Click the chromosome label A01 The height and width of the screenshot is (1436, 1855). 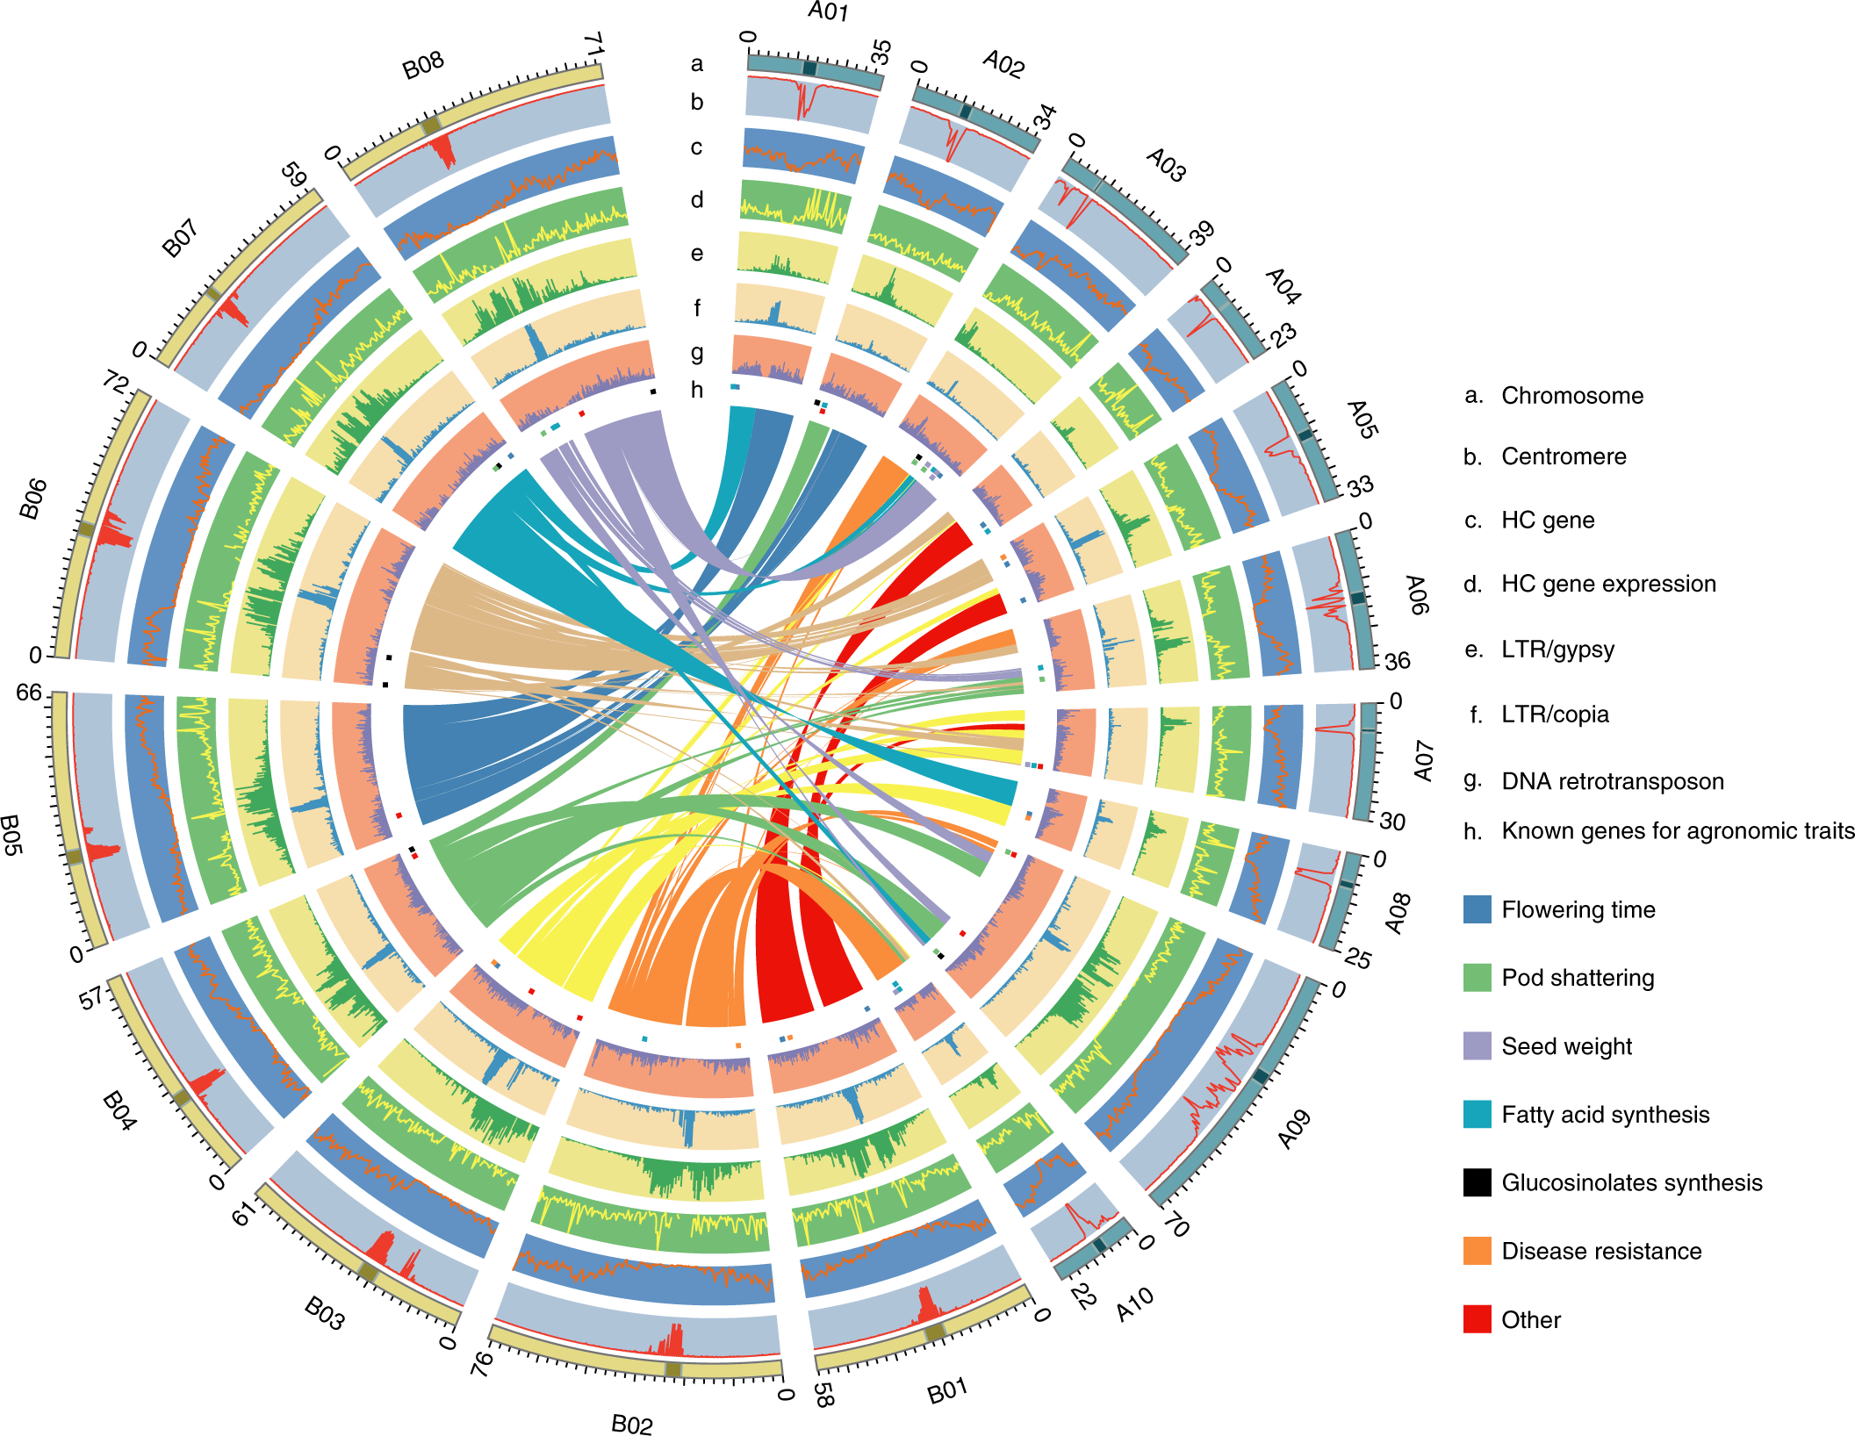click(x=828, y=11)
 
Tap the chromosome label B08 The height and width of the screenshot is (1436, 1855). click(x=423, y=66)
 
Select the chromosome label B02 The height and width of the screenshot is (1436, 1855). click(x=632, y=1423)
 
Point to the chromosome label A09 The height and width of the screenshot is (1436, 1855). click(x=1294, y=1130)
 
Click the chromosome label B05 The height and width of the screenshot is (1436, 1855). click(x=11, y=835)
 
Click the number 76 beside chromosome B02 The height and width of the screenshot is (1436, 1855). click(x=482, y=1363)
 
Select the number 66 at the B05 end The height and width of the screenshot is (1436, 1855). click(x=29, y=693)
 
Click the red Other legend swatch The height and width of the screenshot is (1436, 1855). click(x=1477, y=1319)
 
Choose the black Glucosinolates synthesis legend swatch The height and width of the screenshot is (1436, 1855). click(x=1477, y=1182)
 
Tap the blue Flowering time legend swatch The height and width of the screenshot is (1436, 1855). click(x=1477, y=909)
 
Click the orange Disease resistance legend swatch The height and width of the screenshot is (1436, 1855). click(x=1477, y=1251)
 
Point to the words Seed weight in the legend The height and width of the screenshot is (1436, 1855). click(x=1566, y=1046)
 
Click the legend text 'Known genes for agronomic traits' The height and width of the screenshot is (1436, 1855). click(x=1678, y=830)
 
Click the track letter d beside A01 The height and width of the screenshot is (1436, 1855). click(x=697, y=200)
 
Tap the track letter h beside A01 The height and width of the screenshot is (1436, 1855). click(x=697, y=390)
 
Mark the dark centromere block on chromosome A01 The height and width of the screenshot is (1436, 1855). click(x=809, y=68)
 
